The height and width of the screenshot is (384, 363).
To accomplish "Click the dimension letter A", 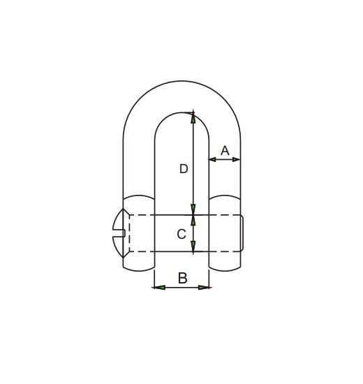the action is pyautogui.click(x=225, y=150).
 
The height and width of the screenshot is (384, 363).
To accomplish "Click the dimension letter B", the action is pyautogui.click(x=183, y=278).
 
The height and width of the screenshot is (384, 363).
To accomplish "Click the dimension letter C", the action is pyautogui.click(x=181, y=234).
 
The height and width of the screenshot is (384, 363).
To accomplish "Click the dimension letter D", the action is pyautogui.click(x=184, y=169).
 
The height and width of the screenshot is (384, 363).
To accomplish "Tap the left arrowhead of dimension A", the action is pyautogui.click(x=212, y=160).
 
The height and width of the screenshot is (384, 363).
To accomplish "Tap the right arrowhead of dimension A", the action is pyautogui.click(x=237, y=160).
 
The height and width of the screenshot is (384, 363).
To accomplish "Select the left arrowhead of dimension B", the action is pyautogui.click(x=160, y=287).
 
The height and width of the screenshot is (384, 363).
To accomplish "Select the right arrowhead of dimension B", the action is pyautogui.click(x=204, y=287).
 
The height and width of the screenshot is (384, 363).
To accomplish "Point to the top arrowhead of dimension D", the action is pyautogui.click(x=193, y=118).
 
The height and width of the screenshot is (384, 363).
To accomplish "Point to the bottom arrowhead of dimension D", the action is pyautogui.click(x=193, y=209).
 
